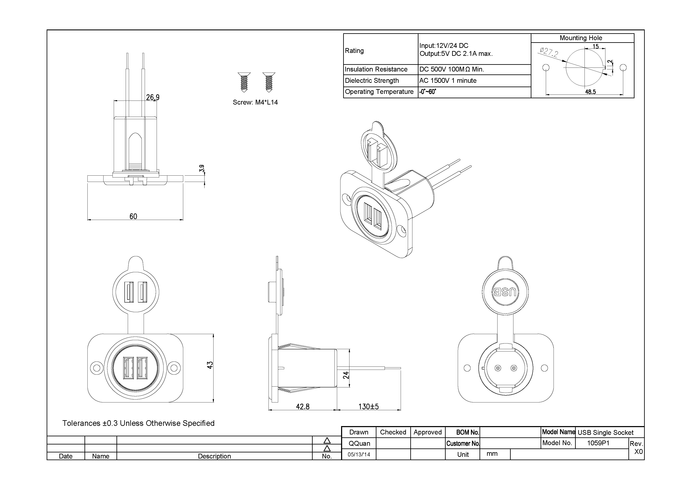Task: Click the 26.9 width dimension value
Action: pyautogui.click(x=152, y=97)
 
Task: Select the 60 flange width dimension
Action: pyautogui.click(x=133, y=216)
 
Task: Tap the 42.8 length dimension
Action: pyautogui.click(x=303, y=406)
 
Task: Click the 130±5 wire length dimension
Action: pyautogui.click(x=368, y=406)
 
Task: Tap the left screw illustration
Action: pyautogui.click(x=244, y=82)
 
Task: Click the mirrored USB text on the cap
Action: pyautogui.click(x=505, y=292)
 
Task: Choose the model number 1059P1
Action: pyautogui.click(x=598, y=443)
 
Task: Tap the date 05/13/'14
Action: pyautogui.click(x=359, y=454)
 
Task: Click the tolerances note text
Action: pyautogui.click(x=138, y=423)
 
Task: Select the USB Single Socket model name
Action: pyautogui.click(x=605, y=432)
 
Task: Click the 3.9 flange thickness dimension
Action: pyautogui.click(x=202, y=168)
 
